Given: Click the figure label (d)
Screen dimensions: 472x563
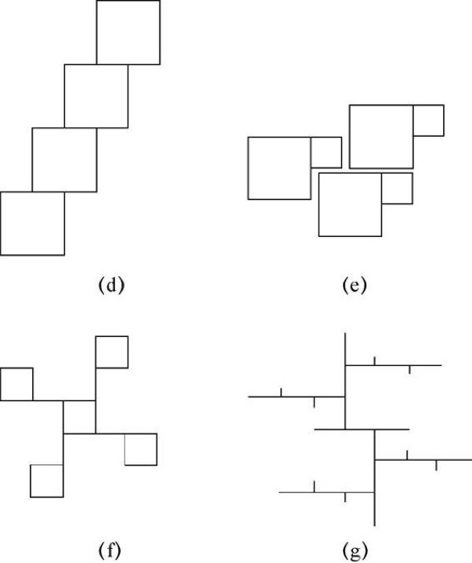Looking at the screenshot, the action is click(x=111, y=285).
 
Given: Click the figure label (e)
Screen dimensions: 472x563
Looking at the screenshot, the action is click(x=355, y=285).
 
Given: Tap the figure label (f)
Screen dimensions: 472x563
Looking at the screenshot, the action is click(x=110, y=550).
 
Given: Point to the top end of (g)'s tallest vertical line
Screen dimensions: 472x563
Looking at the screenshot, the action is click(x=345, y=333).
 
